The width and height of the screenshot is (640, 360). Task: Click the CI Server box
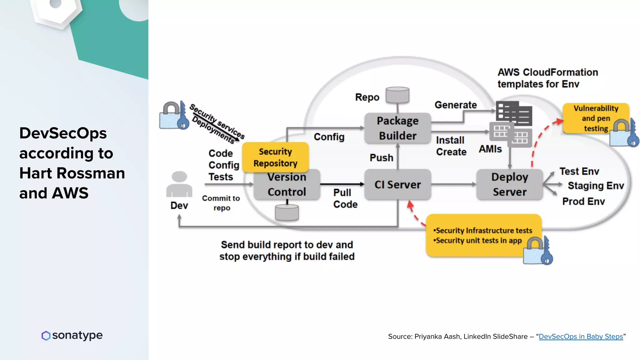point(397,184)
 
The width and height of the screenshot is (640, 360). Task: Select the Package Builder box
point(397,128)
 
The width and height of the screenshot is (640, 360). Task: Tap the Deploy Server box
point(509,184)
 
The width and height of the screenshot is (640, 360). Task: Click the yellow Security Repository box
point(275,157)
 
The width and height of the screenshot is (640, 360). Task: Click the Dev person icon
point(179,184)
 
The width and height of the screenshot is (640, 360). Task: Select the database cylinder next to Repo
point(397,95)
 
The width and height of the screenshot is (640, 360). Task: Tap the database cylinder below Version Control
point(287,213)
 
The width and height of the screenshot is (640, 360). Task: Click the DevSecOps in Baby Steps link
point(581,337)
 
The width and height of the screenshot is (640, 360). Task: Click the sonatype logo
point(72,335)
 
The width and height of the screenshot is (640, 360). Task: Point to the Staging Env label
point(596,186)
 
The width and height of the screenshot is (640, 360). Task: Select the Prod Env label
point(583,201)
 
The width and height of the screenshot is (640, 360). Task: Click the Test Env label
point(579,171)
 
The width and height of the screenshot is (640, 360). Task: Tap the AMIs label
point(490,149)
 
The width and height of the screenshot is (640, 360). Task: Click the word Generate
point(456,105)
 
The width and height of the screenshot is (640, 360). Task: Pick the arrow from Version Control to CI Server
point(342,184)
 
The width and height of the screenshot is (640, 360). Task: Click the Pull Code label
point(345,198)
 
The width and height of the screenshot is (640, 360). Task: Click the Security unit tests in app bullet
point(478,241)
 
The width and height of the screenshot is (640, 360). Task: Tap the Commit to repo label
point(221,203)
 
